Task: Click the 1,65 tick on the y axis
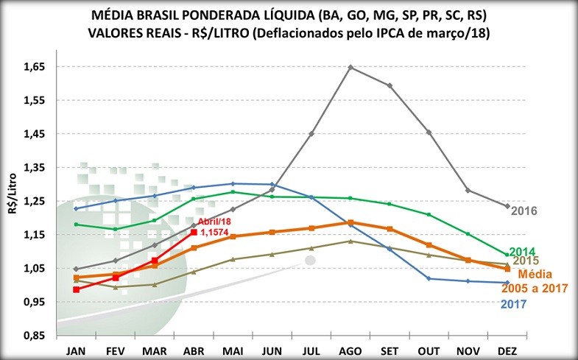(35, 67)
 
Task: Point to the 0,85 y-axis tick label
(35, 336)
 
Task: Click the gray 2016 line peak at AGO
(350, 67)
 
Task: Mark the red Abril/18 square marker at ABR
(194, 232)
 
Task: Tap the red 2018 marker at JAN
(76, 290)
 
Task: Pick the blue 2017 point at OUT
(429, 278)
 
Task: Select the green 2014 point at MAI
(233, 192)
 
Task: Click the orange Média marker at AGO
(350, 222)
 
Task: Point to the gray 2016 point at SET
(390, 85)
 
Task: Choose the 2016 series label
(524, 211)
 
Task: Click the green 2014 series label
(522, 251)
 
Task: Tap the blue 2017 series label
(513, 303)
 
